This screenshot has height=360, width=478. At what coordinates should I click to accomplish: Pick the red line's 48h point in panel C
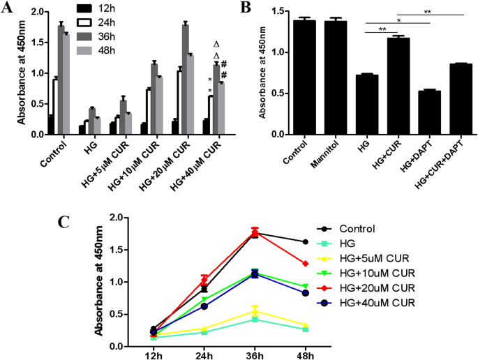305,264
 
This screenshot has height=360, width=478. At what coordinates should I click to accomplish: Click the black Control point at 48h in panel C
305,242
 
